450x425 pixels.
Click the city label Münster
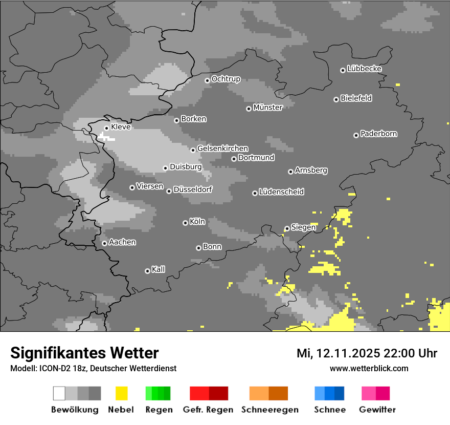(268, 108)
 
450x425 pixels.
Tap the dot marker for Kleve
(106, 128)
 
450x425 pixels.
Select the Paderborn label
(379, 134)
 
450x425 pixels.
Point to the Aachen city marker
(104, 243)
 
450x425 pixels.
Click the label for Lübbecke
(365, 69)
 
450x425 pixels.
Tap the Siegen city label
(303, 227)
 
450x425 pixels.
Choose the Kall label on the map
(159, 269)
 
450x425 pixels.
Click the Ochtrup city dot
(207, 80)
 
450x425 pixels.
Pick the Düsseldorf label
(193, 189)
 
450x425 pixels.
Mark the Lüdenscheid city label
(281, 192)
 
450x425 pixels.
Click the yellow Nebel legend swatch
(121, 393)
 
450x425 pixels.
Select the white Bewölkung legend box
(59, 393)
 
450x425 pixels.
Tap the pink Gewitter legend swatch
(369, 393)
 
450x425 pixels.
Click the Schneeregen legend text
(269, 410)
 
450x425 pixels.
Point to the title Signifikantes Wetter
(84, 353)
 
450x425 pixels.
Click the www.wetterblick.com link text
(369, 369)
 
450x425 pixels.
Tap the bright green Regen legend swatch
(149, 393)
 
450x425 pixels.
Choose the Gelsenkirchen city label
(222, 148)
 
